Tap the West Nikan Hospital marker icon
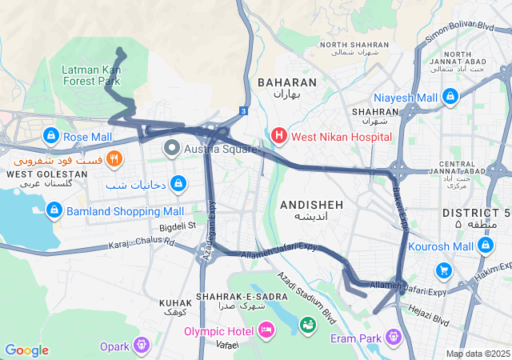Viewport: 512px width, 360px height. [279, 136]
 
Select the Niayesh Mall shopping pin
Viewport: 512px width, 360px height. [450, 97]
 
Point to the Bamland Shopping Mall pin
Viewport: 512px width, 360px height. [54, 211]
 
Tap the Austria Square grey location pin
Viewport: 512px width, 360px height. [172, 148]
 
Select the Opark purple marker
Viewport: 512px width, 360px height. [142, 345]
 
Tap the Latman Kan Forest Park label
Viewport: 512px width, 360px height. [91, 75]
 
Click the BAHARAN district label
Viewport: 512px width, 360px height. [286, 82]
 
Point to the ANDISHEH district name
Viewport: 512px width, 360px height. [311, 206]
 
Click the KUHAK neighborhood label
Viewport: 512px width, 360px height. [175, 304]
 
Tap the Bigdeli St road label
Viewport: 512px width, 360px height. [178, 226]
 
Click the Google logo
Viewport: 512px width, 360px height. [26, 350]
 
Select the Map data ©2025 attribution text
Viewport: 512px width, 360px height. [478, 354]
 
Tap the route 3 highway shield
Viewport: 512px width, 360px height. [242, 111]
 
